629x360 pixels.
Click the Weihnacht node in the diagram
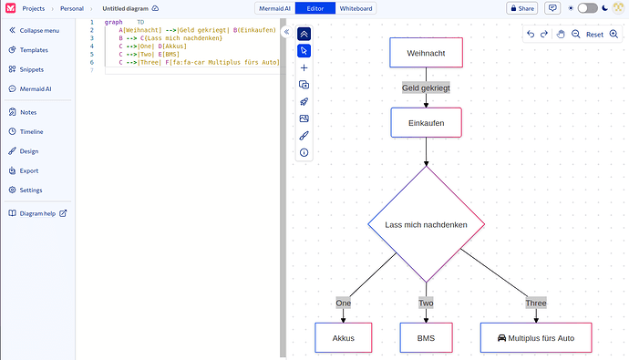(x=426, y=53)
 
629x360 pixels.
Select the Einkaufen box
(x=426, y=122)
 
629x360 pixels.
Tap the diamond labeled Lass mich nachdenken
(x=426, y=224)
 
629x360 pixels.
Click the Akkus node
(x=344, y=338)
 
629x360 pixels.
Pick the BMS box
(x=426, y=338)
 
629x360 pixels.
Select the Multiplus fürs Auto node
(x=536, y=338)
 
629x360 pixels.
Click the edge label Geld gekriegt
(x=426, y=88)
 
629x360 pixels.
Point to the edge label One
(x=344, y=303)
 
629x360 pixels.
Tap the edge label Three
(x=536, y=303)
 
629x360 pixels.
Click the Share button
(x=521, y=8)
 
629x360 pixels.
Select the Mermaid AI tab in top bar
(x=273, y=8)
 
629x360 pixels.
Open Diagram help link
(x=42, y=213)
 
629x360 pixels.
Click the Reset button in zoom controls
(x=594, y=34)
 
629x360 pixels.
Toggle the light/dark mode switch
(x=587, y=8)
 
